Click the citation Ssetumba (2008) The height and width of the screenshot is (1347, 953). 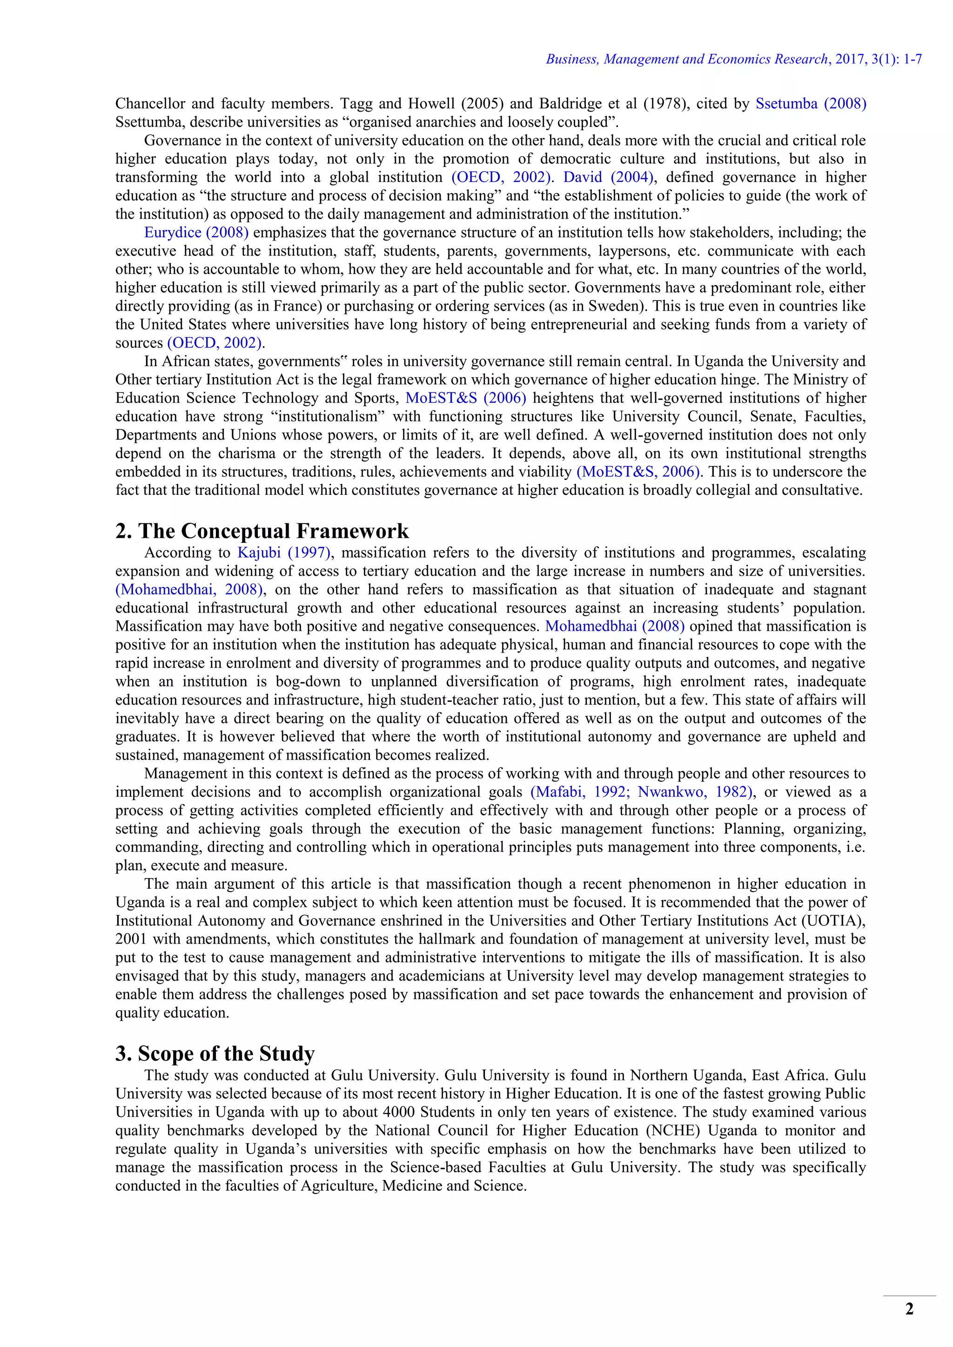click(x=811, y=104)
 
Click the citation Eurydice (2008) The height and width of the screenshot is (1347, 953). click(x=196, y=232)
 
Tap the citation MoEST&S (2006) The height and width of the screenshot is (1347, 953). click(x=465, y=398)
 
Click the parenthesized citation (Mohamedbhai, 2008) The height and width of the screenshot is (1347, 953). click(x=189, y=590)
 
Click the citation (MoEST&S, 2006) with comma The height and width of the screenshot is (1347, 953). click(x=639, y=472)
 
